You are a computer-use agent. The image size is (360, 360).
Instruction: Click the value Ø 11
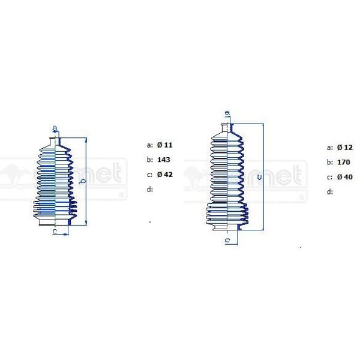pyautogui.click(x=164, y=145)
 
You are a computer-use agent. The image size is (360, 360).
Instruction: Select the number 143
pyautogui.click(x=162, y=160)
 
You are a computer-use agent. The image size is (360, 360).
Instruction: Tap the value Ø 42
pyautogui.click(x=164, y=175)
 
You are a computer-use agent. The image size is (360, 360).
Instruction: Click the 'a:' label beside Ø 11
pyautogui.click(x=149, y=145)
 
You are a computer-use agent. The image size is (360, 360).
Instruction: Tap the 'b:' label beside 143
pyautogui.click(x=149, y=160)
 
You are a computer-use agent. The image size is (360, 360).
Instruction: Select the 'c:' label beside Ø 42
pyautogui.click(x=149, y=175)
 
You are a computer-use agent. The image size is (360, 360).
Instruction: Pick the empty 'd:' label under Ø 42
pyautogui.click(x=149, y=190)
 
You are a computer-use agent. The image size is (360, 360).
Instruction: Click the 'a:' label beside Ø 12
pyautogui.click(x=329, y=147)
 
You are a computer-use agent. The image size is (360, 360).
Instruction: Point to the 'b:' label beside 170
pyautogui.click(x=329, y=162)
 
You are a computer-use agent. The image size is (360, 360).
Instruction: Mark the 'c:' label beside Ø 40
pyautogui.click(x=329, y=177)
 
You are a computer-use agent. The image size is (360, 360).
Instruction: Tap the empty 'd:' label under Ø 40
pyautogui.click(x=329, y=191)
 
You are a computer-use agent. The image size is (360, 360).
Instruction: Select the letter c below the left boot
pyautogui.click(x=54, y=231)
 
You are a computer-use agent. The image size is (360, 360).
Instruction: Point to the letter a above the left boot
pyautogui.click(x=55, y=128)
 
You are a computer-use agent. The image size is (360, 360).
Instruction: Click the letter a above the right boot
pyautogui.click(x=226, y=114)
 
